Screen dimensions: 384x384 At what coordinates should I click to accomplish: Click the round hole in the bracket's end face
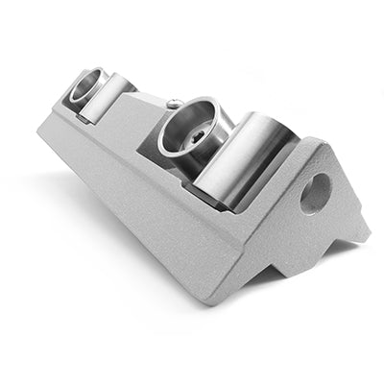314,192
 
